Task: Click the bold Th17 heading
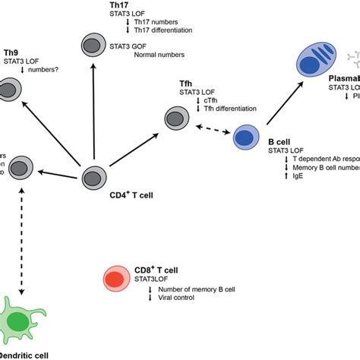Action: tap(120, 5)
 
